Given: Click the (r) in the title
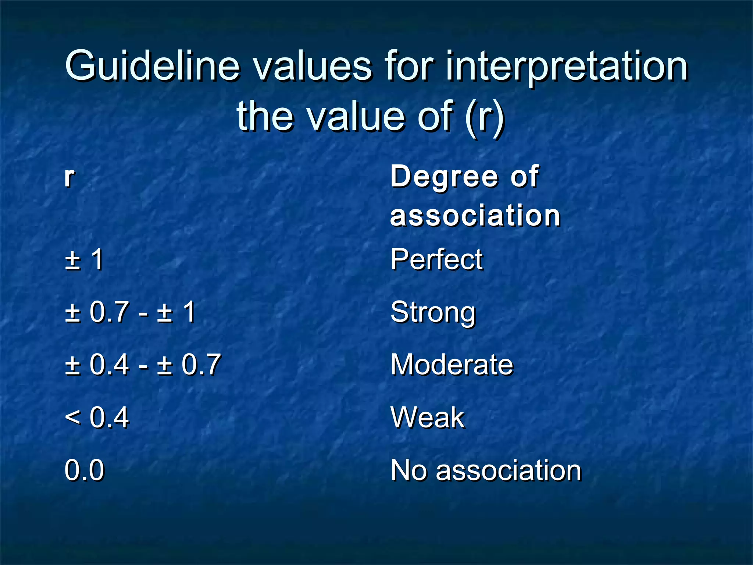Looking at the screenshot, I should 485,117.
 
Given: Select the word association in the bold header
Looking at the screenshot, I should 475,216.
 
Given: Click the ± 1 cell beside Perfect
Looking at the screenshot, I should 84,260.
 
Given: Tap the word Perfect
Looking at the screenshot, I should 436,260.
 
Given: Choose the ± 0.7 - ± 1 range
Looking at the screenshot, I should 130,312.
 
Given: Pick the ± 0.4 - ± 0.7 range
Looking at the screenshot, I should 143,365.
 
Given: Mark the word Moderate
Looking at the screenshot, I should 452,365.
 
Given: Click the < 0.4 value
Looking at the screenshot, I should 97,418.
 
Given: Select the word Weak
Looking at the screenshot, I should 428,418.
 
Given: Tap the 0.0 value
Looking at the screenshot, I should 84,470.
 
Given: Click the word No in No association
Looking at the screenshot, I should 408,470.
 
